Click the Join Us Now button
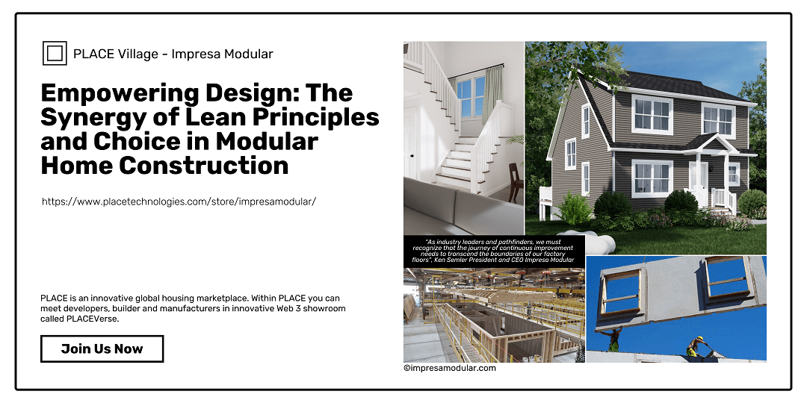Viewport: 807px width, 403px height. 102,349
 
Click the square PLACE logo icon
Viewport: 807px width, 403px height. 55,54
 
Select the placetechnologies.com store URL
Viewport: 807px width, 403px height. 179,201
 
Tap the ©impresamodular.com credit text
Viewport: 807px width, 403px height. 450,368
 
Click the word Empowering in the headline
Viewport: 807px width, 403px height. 120,94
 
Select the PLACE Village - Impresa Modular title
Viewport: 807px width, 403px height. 173,54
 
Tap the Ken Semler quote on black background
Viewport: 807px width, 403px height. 494,251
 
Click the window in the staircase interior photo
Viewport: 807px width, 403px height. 471,96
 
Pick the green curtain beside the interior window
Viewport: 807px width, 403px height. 492,95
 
